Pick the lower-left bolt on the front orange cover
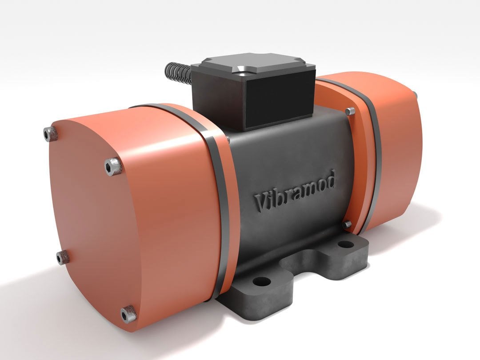[x=63, y=256]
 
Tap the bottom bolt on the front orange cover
[x=128, y=314]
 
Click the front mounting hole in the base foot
[x=262, y=281]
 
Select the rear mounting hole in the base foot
[x=345, y=244]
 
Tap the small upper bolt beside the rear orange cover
[x=351, y=111]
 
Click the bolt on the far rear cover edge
[x=415, y=94]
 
